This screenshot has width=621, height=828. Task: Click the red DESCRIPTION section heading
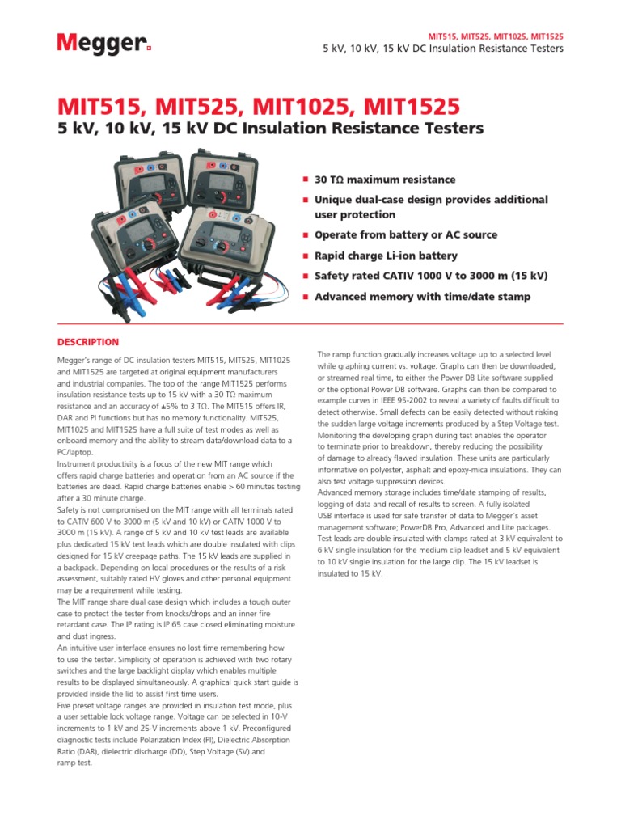(x=88, y=342)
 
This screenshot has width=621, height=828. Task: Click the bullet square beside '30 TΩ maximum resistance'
(x=306, y=180)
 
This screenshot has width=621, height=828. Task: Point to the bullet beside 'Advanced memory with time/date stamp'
(x=306, y=297)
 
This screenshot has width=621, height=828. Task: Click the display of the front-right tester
(x=226, y=235)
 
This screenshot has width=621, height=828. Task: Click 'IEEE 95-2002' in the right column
(x=401, y=401)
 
